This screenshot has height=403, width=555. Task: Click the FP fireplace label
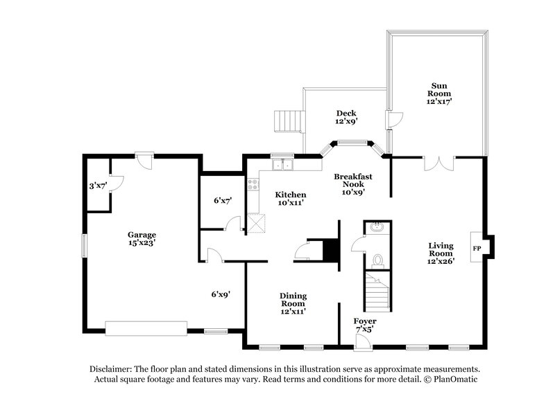(477, 247)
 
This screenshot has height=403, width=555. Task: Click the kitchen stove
(253, 184)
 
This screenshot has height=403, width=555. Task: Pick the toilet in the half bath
(377, 260)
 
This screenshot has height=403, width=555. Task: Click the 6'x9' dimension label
(221, 294)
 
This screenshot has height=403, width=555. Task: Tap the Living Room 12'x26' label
(441, 253)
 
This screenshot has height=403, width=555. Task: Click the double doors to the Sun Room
(438, 163)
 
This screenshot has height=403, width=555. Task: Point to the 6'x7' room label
(223, 201)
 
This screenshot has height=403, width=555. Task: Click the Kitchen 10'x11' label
(290, 199)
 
